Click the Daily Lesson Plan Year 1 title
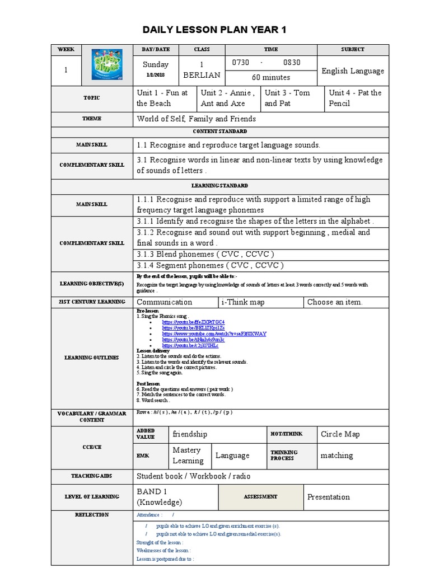click(214, 30)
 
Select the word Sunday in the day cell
click(156, 64)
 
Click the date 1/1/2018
click(156, 75)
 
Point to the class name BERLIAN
click(202, 75)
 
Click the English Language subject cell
click(353, 71)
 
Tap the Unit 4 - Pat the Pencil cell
click(356, 98)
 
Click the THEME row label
click(91, 119)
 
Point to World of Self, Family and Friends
click(197, 119)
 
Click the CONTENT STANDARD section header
click(220, 131)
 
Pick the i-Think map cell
click(244, 302)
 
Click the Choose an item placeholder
click(335, 302)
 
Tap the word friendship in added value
click(190, 434)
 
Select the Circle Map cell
click(340, 434)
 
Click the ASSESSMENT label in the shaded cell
click(260, 497)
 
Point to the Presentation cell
click(329, 497)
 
